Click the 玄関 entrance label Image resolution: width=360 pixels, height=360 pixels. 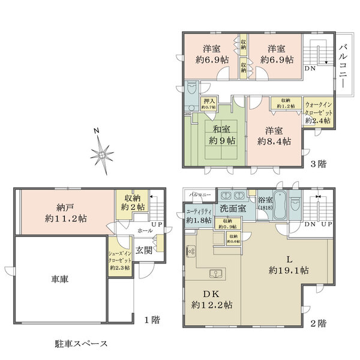(143, 250)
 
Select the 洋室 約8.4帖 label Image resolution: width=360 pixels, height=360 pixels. (274, 136)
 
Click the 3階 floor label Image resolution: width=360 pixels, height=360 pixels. (319, 163)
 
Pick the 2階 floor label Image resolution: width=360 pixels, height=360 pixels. (318, 323)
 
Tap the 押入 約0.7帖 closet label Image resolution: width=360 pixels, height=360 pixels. (209, 105)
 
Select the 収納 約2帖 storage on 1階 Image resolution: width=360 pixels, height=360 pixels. (134, 202)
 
